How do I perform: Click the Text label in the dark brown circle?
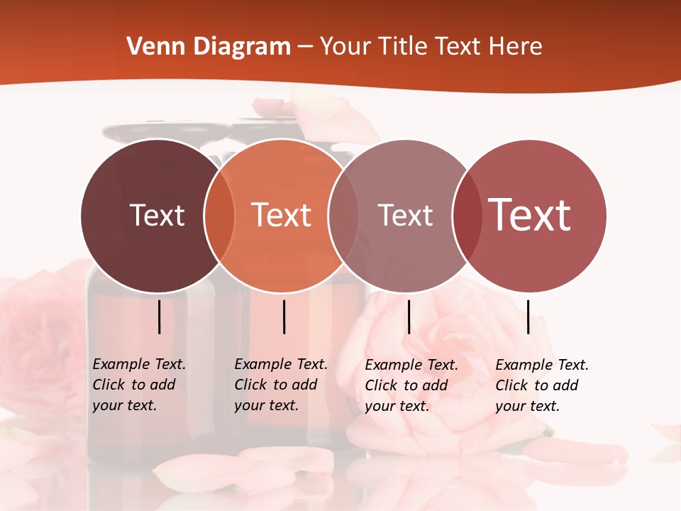(x=157, y=215)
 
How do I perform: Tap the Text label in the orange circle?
(x=282, y=215)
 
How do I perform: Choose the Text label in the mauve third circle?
(x=406, y=215)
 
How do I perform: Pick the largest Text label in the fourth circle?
(x=530, y=214)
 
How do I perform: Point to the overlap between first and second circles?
(x=219, y=215)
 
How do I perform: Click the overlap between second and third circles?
(x=343, y=215)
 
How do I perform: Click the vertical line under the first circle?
(x=159, y=317)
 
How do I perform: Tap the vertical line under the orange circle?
(x=284, y=317)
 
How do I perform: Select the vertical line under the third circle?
(x=409, y=317)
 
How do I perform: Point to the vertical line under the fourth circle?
(x=528, y=317)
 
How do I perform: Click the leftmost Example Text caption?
(x=138, y=385)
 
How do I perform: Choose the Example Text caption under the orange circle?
(x=280, y=385)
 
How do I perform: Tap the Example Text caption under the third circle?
(x=411, y=385)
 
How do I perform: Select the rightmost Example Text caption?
(x=541, y=385)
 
